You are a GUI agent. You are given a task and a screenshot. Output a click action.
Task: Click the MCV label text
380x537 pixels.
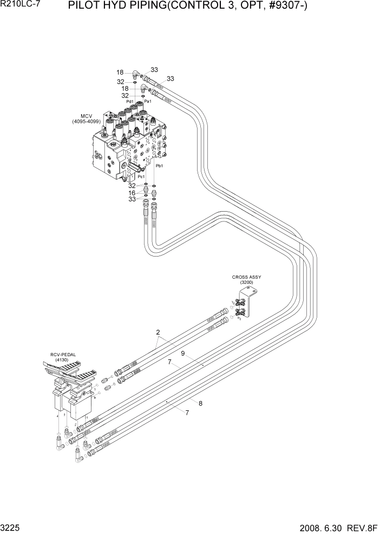(87, 116)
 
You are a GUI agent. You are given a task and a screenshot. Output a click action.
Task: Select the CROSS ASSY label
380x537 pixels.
(246, 277)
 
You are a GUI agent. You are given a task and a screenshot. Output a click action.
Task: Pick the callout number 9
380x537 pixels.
(184, 353)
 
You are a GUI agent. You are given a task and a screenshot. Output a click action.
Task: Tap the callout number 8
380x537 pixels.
(200, 403)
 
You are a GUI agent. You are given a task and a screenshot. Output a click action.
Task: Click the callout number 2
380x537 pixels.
(158, 332)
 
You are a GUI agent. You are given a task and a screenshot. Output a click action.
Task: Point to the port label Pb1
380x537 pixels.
(159, 166)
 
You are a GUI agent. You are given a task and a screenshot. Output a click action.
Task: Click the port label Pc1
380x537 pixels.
(141, 176)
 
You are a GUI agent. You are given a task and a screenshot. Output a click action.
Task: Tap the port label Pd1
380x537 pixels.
(130, 101)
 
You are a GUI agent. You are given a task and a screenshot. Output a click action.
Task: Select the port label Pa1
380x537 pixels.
(147, 101)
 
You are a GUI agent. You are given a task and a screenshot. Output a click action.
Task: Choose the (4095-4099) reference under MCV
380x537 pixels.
(87, 122)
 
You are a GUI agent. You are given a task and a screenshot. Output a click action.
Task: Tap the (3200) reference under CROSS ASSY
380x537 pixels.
(246, 283)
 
